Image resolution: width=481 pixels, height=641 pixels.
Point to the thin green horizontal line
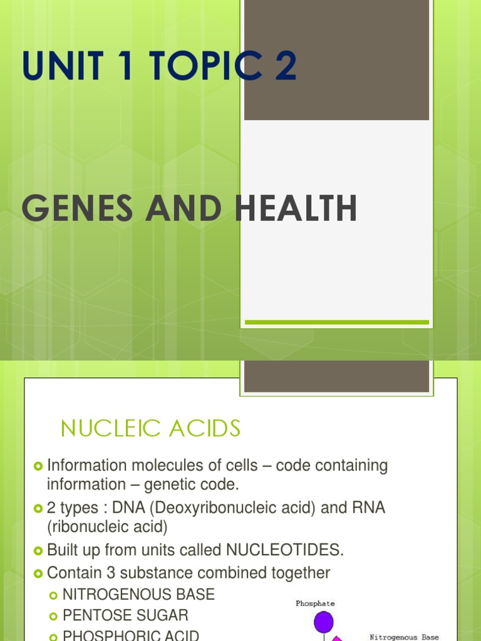[x=336, y=322]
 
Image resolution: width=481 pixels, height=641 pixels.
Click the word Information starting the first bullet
[x=87, y=466]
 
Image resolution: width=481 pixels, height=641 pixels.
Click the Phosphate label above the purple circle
[x=315, y=603]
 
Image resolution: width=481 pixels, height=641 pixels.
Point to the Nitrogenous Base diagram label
[x=404, y=637]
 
